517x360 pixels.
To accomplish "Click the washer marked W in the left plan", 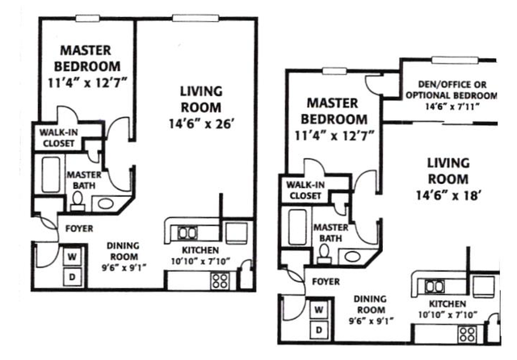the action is [72, 256].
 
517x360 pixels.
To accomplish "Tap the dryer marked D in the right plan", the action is [319, 330].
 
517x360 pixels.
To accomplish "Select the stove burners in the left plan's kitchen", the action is [220, 281].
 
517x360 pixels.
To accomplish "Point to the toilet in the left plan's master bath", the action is [78, 201].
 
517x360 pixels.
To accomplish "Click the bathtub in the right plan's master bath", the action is [297, 228].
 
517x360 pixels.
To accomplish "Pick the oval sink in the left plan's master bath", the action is [106, 203].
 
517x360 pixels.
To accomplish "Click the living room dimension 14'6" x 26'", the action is [201, 124].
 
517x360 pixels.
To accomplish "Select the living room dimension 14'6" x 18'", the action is [447, 195].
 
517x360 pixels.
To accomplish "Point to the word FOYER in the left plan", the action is [79, 228].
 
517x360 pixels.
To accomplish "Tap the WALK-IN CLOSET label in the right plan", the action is [305, 190].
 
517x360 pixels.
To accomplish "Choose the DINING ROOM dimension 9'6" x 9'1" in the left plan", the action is [124, 267].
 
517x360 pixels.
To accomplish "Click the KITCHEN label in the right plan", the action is [447, 303].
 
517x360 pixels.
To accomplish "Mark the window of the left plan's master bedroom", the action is [87, 19].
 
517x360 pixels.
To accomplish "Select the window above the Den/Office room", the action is [455, 60].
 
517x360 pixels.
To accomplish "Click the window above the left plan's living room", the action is [195, 19].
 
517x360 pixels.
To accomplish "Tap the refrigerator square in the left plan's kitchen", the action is [237, 232].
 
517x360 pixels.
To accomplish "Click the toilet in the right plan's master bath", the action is [325, 254].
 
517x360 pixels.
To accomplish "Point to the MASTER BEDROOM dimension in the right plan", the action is [334, 136].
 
